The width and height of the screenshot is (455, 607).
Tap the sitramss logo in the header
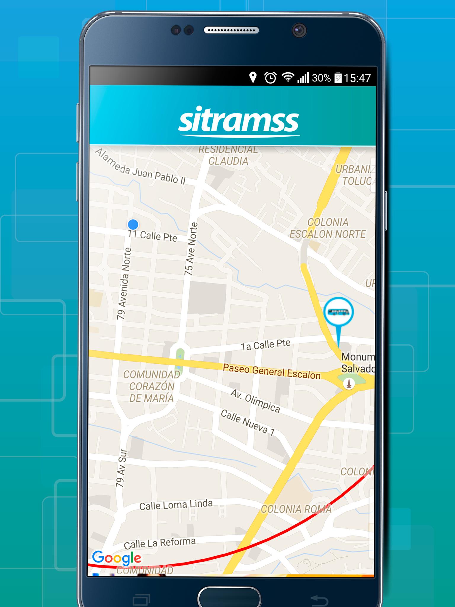[239, 121]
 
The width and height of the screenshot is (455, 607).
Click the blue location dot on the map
[133, 224]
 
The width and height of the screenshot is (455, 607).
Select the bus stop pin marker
[338, 312]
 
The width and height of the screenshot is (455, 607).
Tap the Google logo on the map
[116, 558]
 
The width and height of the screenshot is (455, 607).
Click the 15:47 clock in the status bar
[357, 78]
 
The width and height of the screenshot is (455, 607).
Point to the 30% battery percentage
[321, 78]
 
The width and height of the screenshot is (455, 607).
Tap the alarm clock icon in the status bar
[270, 78]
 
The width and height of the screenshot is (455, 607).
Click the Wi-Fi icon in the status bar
[287, 77]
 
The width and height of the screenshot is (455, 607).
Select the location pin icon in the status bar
[253, 78]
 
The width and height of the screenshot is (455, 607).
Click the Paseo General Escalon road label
[272, 371]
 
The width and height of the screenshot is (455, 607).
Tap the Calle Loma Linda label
[176, 505]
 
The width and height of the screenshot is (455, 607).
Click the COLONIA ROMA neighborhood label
[296, 509]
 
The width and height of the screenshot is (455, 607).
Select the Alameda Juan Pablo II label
[140, 167]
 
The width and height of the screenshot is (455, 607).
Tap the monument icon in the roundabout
[349, 384]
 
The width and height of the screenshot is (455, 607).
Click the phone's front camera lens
[299, 30]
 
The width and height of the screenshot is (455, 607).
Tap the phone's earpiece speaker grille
[231, 30]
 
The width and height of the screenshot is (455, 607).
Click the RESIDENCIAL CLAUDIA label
[228, 156]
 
